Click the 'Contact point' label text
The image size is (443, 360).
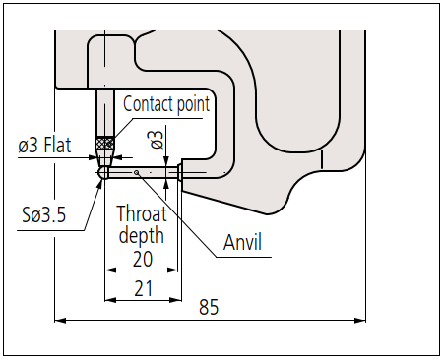[x=166, y=104]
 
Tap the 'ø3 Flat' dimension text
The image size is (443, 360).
[x=44, y=145]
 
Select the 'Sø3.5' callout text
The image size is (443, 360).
[x=44, y=214]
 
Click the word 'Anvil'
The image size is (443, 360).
[x=242, y=242]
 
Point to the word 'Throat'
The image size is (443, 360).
[x=142, y=213]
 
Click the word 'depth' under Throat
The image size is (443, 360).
[x=142, y=235]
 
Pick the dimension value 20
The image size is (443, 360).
[x=143, y=259]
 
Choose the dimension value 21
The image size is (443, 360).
[x=144, y=288]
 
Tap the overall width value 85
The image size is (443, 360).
[x=209, y=307]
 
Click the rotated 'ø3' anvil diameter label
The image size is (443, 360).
[x=156, y=140]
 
